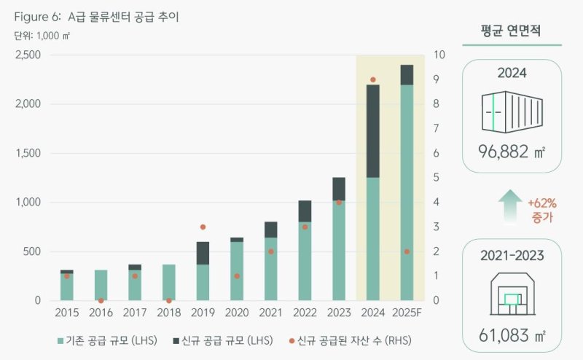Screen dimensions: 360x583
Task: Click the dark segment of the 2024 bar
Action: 373,131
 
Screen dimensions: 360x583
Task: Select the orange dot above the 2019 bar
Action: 203,227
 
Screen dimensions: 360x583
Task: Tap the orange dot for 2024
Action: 373,79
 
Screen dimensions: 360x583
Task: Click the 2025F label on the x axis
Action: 407,313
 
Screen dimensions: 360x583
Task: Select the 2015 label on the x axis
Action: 67,313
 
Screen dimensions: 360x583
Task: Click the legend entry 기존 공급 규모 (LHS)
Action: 105,340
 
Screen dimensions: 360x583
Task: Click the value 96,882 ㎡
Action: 512,154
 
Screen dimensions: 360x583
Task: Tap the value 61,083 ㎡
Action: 512,336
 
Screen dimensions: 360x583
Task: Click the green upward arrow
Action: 512,205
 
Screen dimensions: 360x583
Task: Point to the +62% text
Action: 540,202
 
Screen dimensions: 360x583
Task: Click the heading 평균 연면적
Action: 512,31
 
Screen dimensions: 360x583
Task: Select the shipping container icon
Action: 512,113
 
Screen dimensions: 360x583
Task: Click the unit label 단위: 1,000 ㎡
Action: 43,35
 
